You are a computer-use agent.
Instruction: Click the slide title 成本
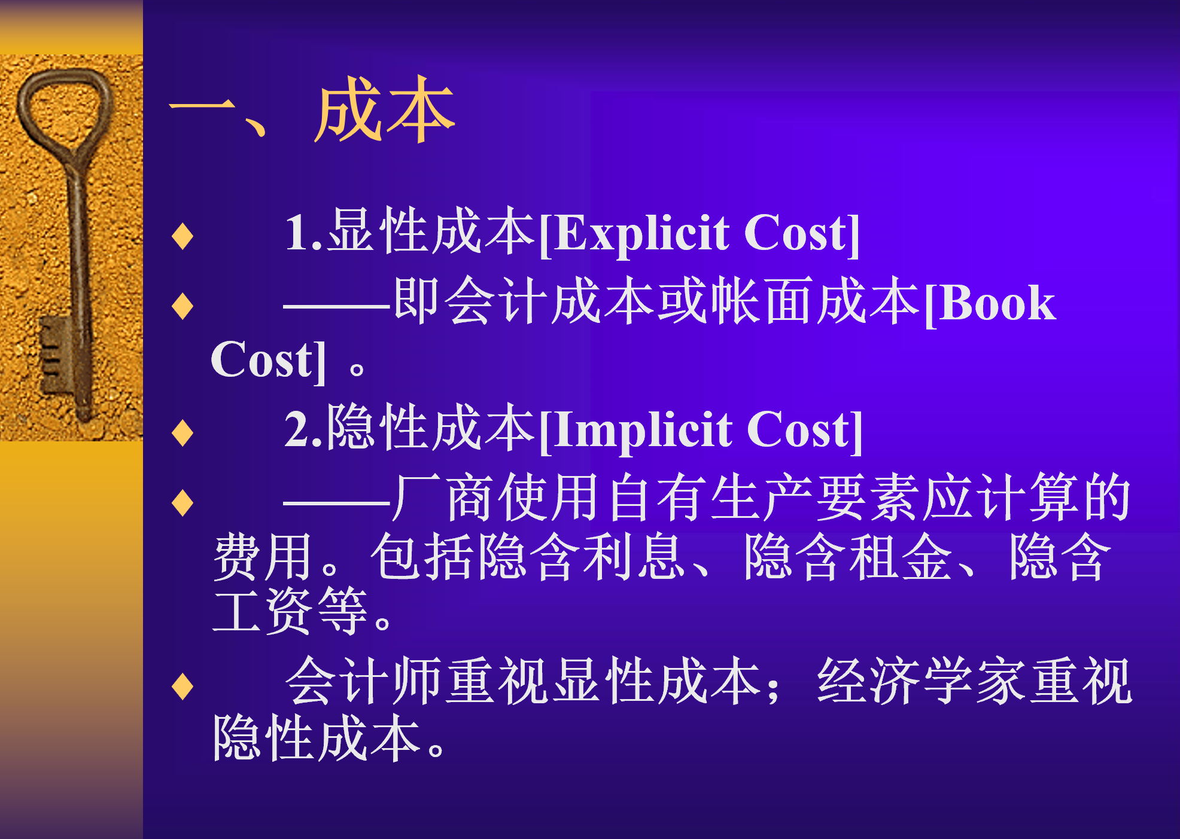point(385,110)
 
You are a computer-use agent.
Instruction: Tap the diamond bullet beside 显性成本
point(183,236)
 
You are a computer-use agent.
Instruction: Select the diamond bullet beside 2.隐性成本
point(183,432)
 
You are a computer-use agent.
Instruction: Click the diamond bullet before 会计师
point(183,686)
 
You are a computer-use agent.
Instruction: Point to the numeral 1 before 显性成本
point(297,233)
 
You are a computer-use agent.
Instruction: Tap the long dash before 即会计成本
point(337,307)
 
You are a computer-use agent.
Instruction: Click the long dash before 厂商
point(337,503)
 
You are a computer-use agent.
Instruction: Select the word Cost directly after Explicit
point(796,233)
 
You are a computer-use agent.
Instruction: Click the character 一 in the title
point(202,108)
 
